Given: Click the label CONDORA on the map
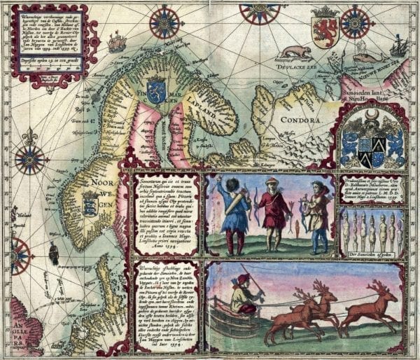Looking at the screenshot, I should click(x=304, y=120).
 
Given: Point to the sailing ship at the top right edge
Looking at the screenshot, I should click(x=398, y=47).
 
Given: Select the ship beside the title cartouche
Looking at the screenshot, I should click(x=117, y=43).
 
